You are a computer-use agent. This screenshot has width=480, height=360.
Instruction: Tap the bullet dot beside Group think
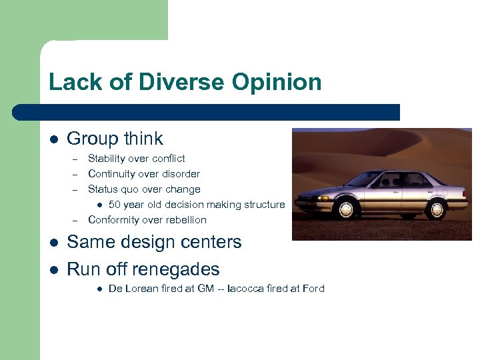point(54,139)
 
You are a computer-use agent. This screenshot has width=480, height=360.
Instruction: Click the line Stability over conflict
point(137,159)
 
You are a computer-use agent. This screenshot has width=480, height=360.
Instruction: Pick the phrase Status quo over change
point(144,189)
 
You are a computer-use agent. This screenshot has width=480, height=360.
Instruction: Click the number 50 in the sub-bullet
point(115,205)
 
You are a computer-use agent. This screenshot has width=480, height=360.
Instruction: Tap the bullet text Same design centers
point(154,242)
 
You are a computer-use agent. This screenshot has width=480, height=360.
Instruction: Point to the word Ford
point(312,289)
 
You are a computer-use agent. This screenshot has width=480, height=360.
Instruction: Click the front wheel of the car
point(346,209)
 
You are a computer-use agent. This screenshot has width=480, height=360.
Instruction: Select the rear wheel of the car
point(437,209)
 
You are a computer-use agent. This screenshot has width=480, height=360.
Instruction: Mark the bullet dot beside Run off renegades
point(54,270)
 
